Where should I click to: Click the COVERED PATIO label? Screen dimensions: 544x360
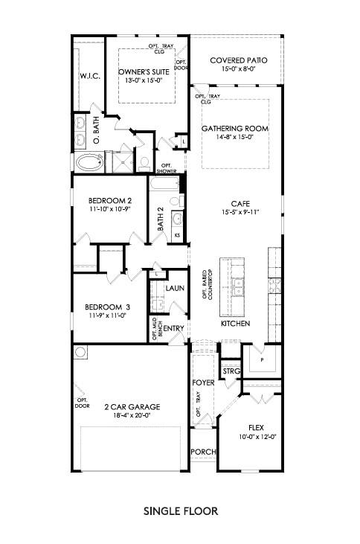[238, 60]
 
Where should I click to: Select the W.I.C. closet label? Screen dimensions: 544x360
[89, 77]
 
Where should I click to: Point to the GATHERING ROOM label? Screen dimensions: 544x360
[235, 128]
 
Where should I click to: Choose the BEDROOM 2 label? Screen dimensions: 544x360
[109, 200]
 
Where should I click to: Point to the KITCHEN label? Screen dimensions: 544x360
[235, 324]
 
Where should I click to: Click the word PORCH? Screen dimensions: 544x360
[202, 452]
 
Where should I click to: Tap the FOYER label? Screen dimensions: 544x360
[203, 383]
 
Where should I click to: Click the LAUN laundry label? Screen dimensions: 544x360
[175, 288]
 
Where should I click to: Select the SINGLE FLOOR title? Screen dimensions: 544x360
[179, 511]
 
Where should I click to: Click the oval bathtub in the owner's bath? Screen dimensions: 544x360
[89, 161]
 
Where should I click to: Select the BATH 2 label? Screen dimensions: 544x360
[158, 220]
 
